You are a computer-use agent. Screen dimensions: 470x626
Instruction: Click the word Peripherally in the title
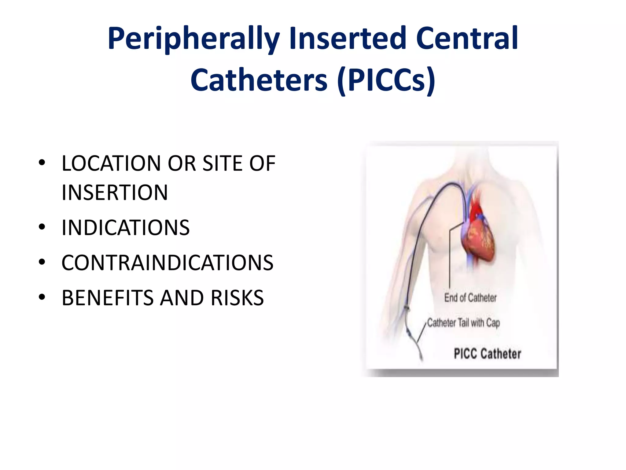[x=193, y=39]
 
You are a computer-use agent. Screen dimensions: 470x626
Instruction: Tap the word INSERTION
[x=115, y=192]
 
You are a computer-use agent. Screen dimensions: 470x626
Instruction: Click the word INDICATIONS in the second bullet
[x=126, y=228]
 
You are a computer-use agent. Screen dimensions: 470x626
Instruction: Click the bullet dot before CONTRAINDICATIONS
[x=42, y=262]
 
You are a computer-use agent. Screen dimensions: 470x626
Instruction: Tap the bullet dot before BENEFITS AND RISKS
[x=42, y=297]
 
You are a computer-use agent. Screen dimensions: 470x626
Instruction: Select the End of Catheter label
[x=470, y=298]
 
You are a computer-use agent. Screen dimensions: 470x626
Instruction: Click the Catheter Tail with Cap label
[x=463, y=323]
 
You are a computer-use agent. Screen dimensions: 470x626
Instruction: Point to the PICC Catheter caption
[x=488, y=354]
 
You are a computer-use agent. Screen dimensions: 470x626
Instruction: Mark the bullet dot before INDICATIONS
[x=42, y=227]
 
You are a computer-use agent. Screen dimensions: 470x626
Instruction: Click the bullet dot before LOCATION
[x=42, y=163]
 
